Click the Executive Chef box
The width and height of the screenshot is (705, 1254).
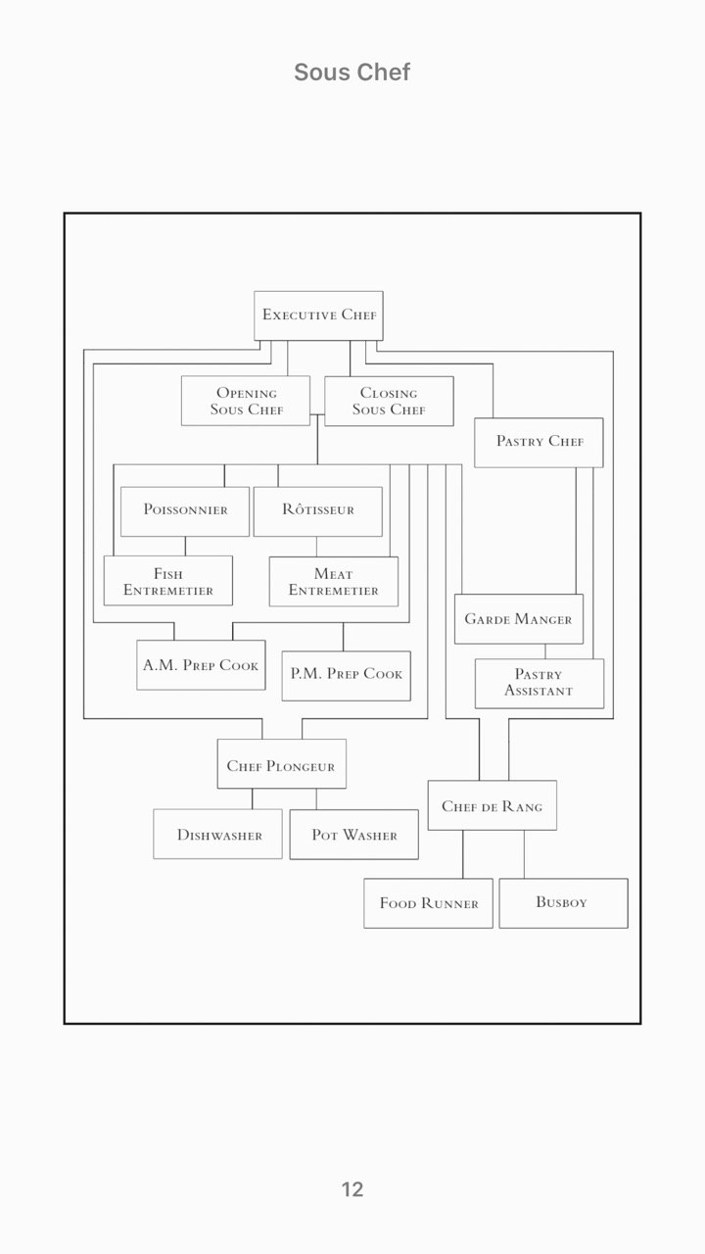[318, 315]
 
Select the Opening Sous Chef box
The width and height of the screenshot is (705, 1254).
[246, 401]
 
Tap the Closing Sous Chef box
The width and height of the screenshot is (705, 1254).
[389, 401]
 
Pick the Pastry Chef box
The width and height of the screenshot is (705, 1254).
[539, 442]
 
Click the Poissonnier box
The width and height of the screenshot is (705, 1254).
[185, 511]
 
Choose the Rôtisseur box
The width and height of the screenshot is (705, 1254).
[318, 511]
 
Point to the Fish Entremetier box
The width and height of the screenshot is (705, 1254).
[168, 581]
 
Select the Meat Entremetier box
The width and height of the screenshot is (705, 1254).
[334, 581]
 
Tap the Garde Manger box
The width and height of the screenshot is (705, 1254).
[519, 619]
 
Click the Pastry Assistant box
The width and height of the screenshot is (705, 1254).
[540, 684]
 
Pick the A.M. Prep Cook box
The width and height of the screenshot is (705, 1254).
[201, 665]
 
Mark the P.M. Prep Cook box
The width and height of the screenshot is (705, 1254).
[347, 676]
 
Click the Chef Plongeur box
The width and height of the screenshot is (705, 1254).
[281, 763]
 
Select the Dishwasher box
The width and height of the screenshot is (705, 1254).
[217, 834]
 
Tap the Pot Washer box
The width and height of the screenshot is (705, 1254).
[354, 834]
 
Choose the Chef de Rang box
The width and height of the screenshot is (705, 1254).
[493, 805]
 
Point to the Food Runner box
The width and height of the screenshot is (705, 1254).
[429, 903]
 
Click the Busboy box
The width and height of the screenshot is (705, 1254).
[563, 903]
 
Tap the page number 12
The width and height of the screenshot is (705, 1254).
[352, 1189]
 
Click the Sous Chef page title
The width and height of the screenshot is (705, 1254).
[352, 72]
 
